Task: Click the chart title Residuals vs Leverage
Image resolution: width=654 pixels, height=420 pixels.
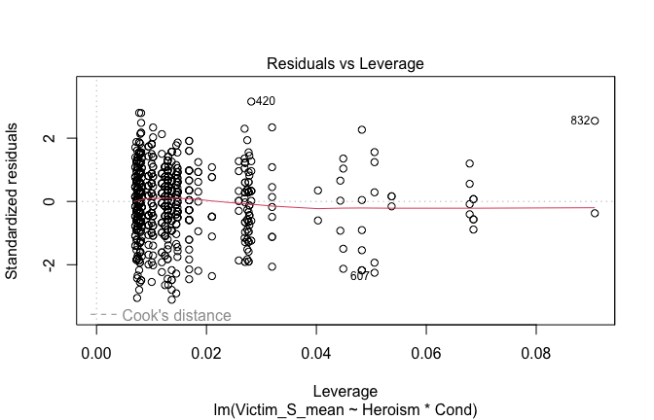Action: coord(345,63)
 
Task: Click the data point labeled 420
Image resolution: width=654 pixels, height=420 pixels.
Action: coord(251,101)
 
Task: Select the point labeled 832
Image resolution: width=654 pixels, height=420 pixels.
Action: coord(595,121)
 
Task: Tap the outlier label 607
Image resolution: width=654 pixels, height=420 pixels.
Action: coord(360,276)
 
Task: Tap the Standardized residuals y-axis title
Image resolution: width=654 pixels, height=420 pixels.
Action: coord(15,200)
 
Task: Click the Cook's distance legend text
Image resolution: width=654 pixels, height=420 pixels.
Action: coord(176,315)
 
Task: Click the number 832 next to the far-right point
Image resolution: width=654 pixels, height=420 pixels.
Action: coord(580,121)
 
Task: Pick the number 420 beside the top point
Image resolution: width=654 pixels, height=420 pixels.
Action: coord(266,101)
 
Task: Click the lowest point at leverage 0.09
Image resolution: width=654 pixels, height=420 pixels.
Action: coord(595,213)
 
